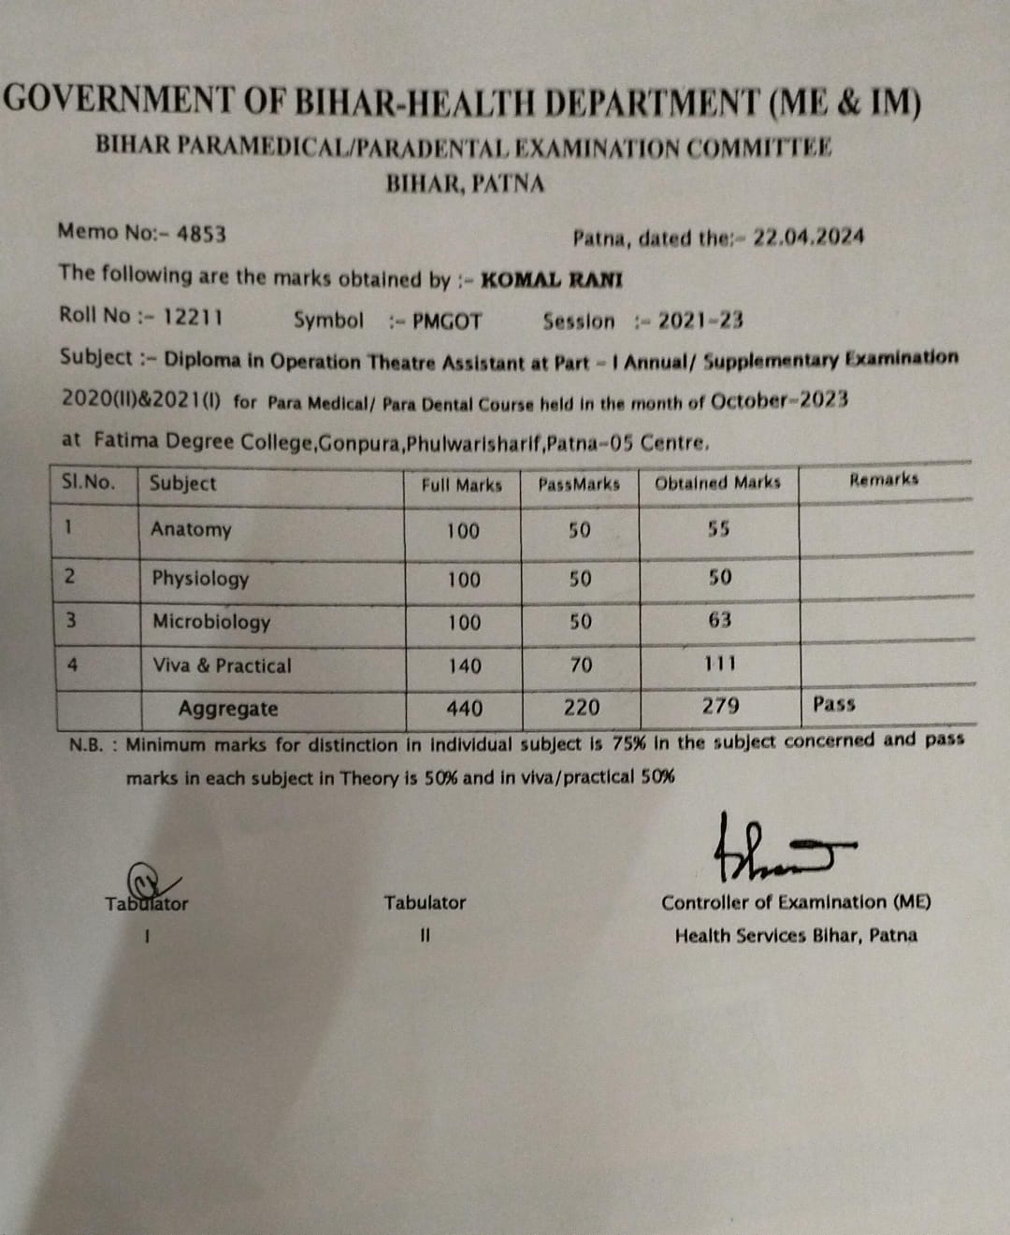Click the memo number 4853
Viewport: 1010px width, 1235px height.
(x=201, y=233)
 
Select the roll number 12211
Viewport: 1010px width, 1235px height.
(x=193, y=316)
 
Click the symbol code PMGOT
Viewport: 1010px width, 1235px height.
(x=447, y=322)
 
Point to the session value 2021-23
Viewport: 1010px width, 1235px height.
(x=700, y=321)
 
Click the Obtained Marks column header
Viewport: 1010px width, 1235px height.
(x=717, y=482)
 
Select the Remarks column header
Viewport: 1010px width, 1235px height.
(x=884, y=480)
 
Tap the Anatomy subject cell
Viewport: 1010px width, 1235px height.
(x=191, y=529)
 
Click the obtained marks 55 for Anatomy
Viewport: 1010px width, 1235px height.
(x=718, y=528)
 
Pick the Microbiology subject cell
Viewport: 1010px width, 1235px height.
(x=211, y=622)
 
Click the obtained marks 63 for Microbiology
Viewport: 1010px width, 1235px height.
(x=720, y=620)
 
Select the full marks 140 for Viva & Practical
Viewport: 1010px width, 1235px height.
(x=464, y=666)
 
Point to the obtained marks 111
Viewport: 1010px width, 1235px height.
(x=720, y=664)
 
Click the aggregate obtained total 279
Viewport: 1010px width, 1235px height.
(x=720, y=706)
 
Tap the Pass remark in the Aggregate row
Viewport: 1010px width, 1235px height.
(x=834, y=704)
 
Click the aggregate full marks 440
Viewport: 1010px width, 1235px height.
(x=464, y=708)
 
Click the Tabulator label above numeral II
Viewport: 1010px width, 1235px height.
(x=424, y=902)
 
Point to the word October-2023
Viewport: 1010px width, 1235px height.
(x=779, y=401)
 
